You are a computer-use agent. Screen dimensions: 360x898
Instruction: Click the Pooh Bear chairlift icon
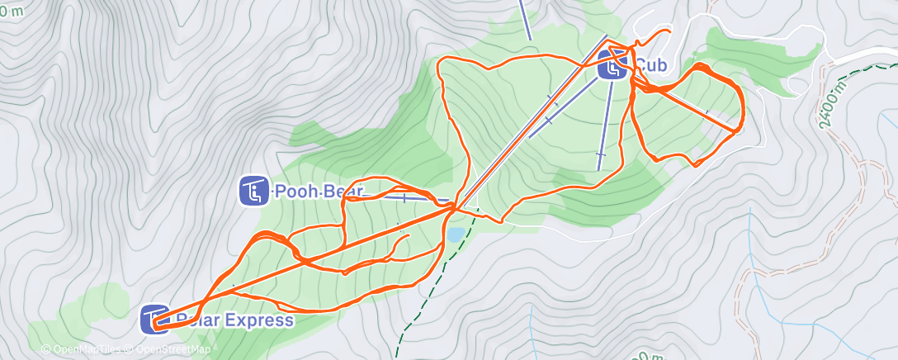point(253,191)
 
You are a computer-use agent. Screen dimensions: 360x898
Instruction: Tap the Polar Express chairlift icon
point(154,320)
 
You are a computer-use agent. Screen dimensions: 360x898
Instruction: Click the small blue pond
point(455,234)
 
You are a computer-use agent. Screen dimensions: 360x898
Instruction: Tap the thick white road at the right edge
point(867,56)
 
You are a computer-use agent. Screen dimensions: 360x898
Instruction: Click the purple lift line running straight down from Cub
point(605,124)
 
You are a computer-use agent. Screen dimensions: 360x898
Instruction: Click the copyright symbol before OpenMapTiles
point(45,349)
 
